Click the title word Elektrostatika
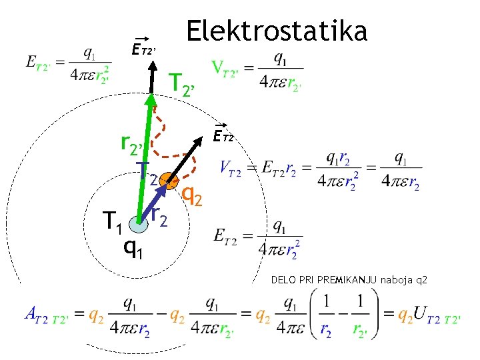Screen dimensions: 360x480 (277, 31)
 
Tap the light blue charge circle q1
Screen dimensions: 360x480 (138, 225)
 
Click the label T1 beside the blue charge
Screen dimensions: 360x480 (111, 221)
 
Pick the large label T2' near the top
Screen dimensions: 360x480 (181, 84)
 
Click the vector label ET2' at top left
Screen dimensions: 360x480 (143, 49)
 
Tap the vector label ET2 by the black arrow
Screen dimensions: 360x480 (224, 136)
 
